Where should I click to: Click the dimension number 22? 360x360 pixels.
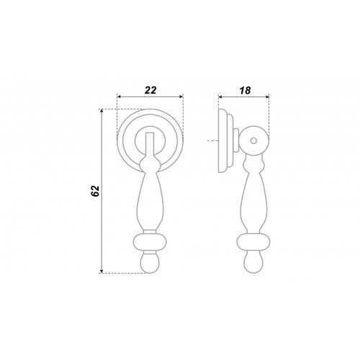point(150,90)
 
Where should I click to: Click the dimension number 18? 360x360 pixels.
point(245,91)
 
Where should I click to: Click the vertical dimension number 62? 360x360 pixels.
point(95,191)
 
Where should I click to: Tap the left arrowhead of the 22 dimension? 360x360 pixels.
point(119,96)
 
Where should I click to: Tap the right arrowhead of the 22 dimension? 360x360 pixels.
point(181,96)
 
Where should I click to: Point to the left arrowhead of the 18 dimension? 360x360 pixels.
point(220,96)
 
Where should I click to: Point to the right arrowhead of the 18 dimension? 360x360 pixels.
point(267,96)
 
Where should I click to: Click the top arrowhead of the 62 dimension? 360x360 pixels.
point(102,111)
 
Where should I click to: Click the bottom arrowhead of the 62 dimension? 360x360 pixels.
point(102,271)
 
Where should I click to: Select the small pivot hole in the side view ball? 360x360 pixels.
point(253,140)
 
